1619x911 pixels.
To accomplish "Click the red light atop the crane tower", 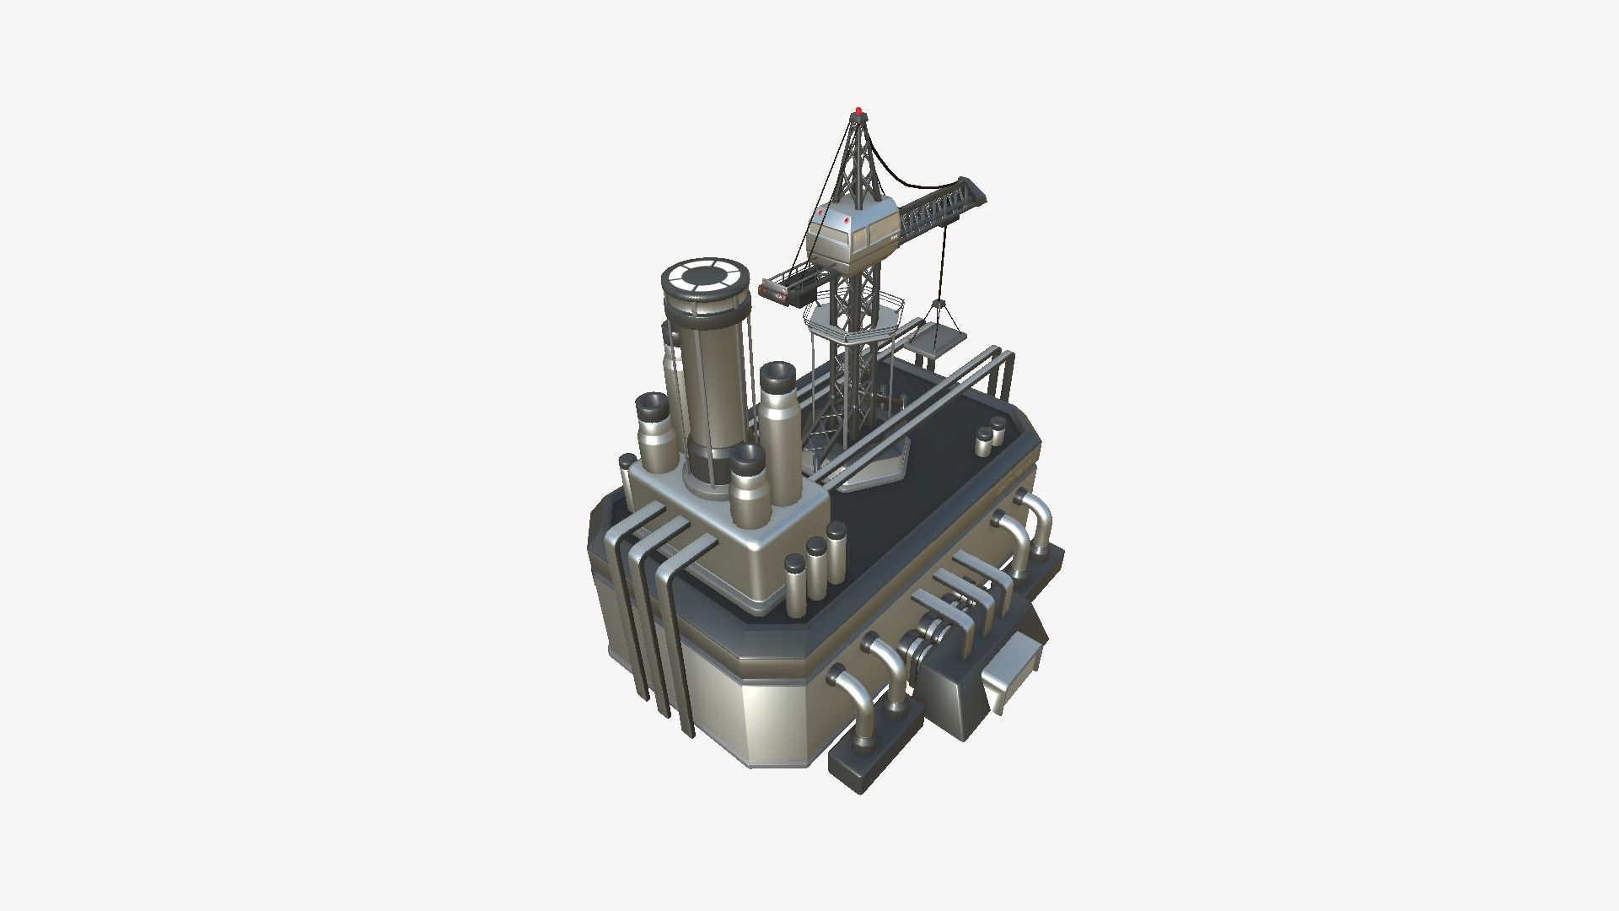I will tap(858, 111).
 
